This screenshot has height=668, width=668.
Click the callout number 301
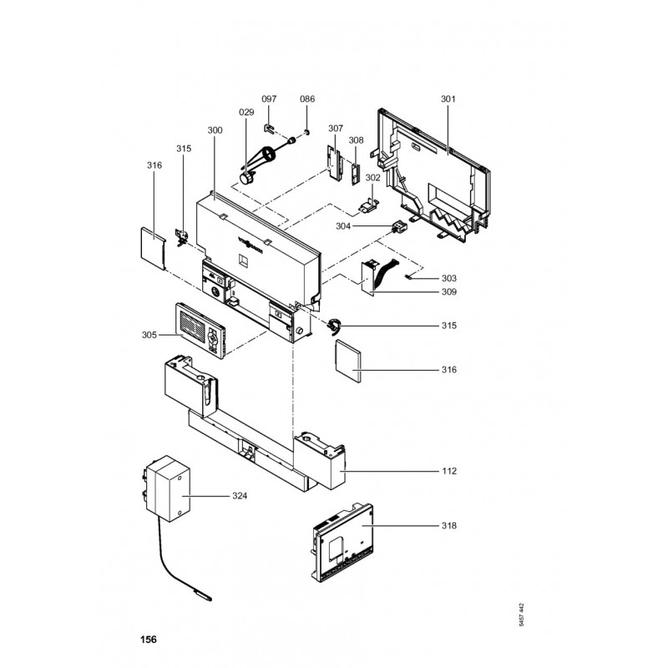pyautogui.click(x=449, y=99)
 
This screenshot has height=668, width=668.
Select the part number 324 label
pyautogui.click(x=240, y=496)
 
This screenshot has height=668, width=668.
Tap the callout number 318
pyautogui.click(x=449, y=526)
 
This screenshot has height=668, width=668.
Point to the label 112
pyautogui.click(x=449, y=471)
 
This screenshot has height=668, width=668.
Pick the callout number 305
pyautogui.click(x=149, y=335)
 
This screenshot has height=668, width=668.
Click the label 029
pyautogui.click(x=246, y=111)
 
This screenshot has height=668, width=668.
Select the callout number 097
pyautogui.click(x=269, y=99)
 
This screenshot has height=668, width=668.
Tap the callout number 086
pyautogui.click(x=307, y=99)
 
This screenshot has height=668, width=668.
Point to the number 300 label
pyautogui.click(x=215, y=130)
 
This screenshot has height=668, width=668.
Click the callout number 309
pyautogui.click(x=449, y=292)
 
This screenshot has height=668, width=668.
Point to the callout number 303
pyautogui.click(x=449, y=277)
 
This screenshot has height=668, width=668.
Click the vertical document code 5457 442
pyautogui.click(x=522, y=616)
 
